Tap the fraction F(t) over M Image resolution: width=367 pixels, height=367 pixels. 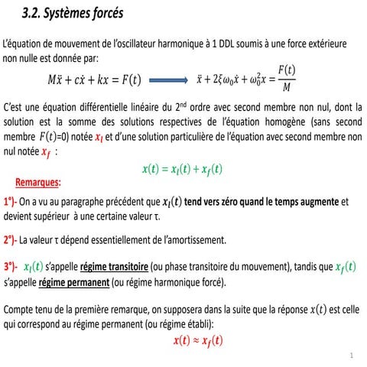(x=286, y=79)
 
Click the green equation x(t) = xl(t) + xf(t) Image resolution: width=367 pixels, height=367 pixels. (x=183, y=168)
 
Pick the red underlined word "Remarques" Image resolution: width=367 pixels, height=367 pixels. (x=38, y=183)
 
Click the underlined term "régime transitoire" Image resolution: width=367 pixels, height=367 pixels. (x=115, y=268)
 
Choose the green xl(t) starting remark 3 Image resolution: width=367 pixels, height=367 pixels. (x=34, y=267)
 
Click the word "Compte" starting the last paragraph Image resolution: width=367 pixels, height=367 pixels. (x=20, y=310)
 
